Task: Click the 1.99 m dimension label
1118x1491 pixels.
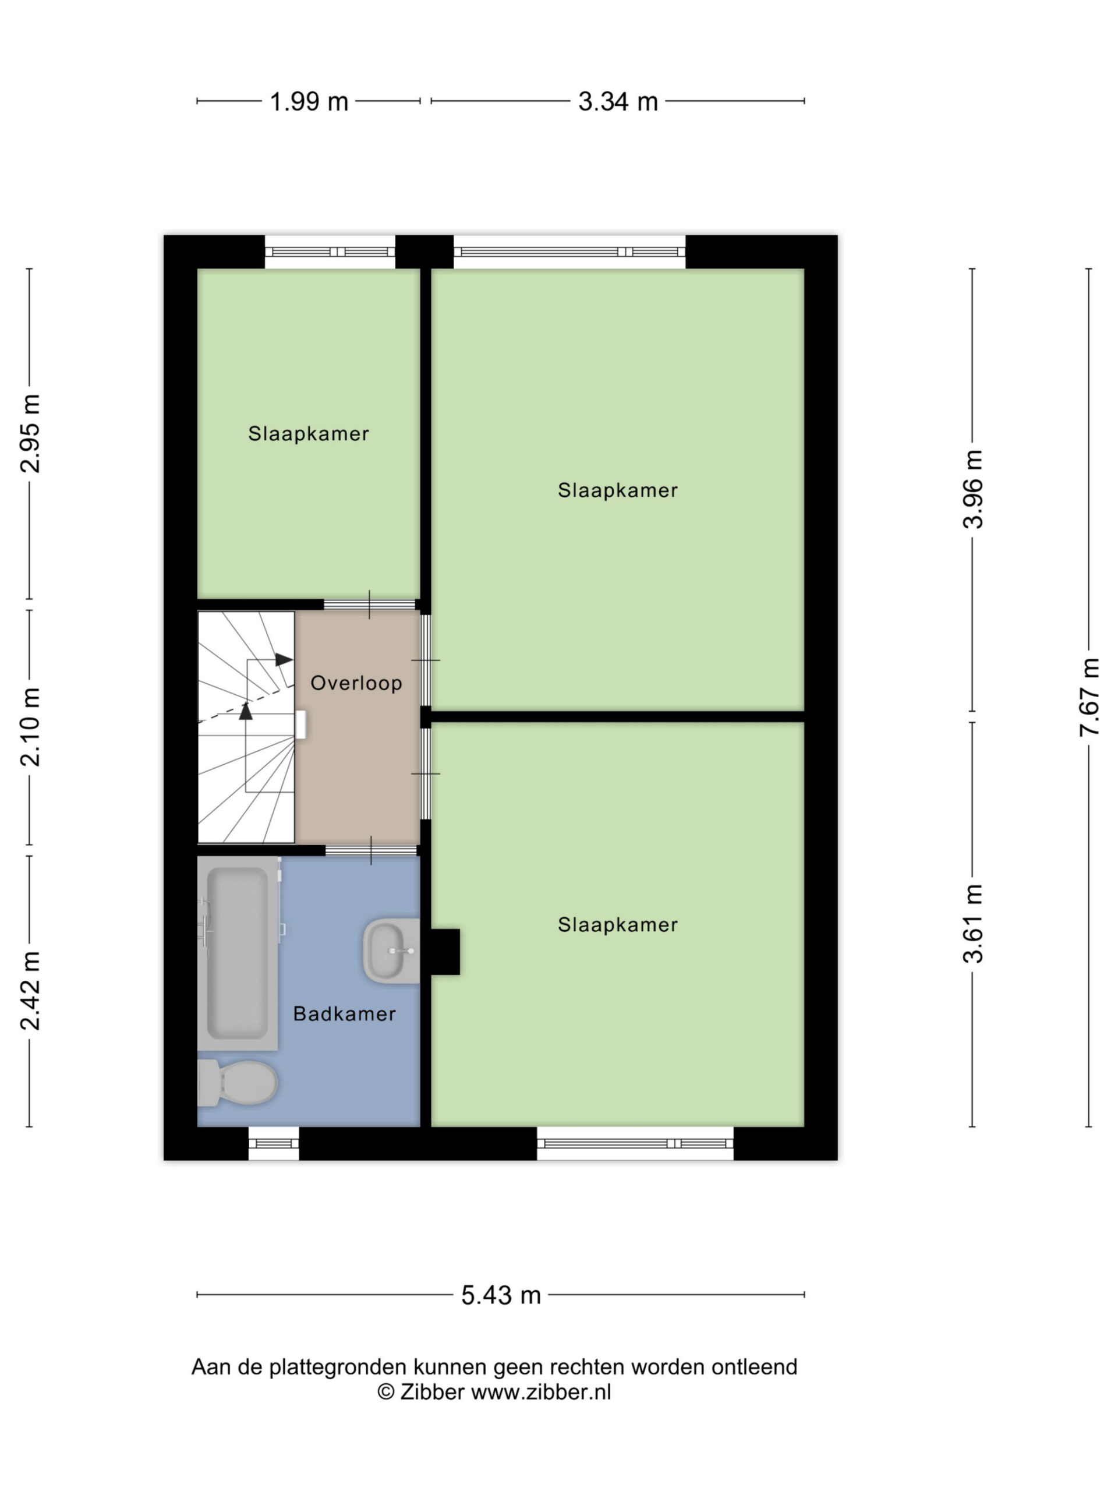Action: pos(309,102)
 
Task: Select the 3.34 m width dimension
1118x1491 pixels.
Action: pos(617,102)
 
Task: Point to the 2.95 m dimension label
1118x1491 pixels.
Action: pos(30,433)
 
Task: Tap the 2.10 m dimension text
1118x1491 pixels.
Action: pos(30,727)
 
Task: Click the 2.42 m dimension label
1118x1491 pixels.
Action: pos(30,991)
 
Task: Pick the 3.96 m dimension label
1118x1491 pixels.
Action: pos(972,489)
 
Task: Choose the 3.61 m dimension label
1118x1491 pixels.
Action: pos(972,924)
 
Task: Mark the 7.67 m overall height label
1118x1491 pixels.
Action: pos(1089,697)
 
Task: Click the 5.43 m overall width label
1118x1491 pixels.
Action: pos(501,1295)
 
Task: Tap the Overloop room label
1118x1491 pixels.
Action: pos(356,683)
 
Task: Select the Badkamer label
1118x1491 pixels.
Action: pos(344,1014)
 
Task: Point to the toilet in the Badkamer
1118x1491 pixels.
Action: pos(237,1083)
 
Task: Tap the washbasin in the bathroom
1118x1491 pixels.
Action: pos(391,951)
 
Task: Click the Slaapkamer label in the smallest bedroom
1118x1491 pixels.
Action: pos(309,433)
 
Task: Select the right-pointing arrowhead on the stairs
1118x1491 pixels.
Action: pos(284,659)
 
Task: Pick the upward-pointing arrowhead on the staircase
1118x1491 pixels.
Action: pos(246,711)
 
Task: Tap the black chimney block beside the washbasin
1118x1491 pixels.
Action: pos(445,952)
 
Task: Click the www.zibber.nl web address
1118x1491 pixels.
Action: pos(540,1392)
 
